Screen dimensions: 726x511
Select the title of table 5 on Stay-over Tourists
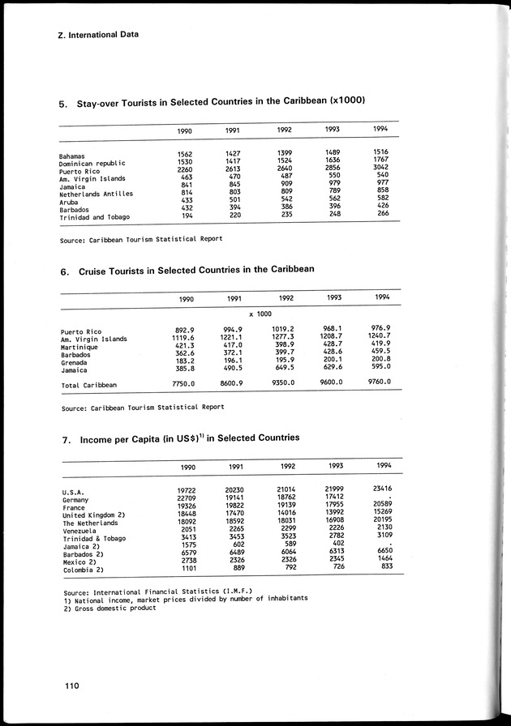212,103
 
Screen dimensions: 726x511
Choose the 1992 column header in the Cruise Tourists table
285,298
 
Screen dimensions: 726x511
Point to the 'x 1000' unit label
260,314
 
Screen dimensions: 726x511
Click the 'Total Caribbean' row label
89,384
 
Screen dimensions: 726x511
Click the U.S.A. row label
75,492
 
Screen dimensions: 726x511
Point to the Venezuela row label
80,531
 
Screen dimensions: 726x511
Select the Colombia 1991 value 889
238,569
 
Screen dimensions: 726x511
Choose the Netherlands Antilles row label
96,194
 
